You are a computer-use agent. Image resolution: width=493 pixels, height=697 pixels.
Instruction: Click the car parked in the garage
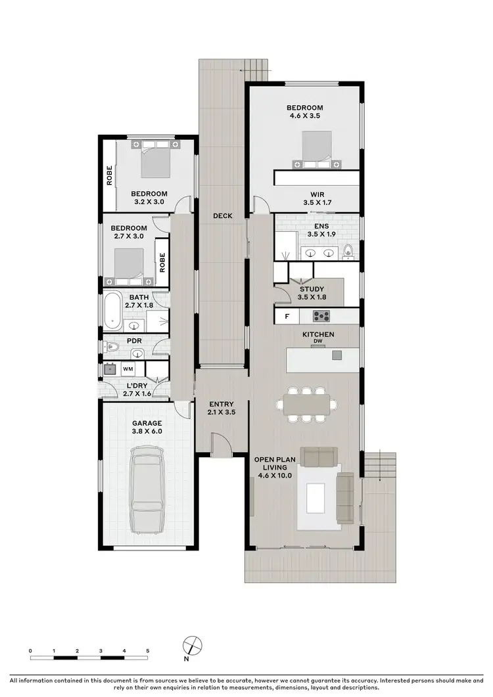147,489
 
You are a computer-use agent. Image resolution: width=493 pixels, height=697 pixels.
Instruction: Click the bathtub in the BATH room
112,311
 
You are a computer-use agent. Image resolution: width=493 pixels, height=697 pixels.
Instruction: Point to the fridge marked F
287,317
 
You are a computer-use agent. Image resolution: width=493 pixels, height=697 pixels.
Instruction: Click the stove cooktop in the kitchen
321,317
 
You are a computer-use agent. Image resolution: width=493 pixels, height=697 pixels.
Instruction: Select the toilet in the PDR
112,347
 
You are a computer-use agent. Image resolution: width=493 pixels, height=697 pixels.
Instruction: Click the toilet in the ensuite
348,250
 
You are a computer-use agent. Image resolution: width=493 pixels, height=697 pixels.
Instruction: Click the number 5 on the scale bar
147,651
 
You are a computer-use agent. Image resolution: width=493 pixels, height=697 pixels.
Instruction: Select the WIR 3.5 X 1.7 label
317,198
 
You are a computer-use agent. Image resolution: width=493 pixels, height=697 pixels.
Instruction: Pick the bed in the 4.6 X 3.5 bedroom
317,150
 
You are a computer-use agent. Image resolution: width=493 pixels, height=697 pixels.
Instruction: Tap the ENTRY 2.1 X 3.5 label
222,408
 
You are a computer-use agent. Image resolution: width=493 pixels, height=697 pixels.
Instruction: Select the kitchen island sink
337,355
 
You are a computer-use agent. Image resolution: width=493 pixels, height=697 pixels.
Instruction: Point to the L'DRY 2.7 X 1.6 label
137,390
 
